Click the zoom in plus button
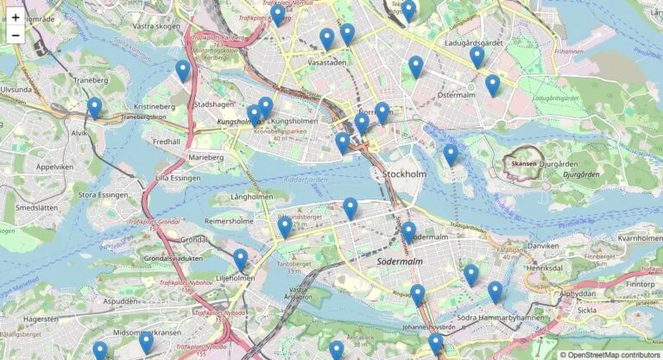point(16,16)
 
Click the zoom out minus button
point(16,35)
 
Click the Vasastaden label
point(327,63)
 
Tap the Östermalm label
point(457,95)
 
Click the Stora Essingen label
point(103,195)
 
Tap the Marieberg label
point(205,158)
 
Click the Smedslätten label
point(36,208)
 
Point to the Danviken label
point(544,246)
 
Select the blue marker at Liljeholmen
point(240,259)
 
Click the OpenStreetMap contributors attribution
point(610,354)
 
